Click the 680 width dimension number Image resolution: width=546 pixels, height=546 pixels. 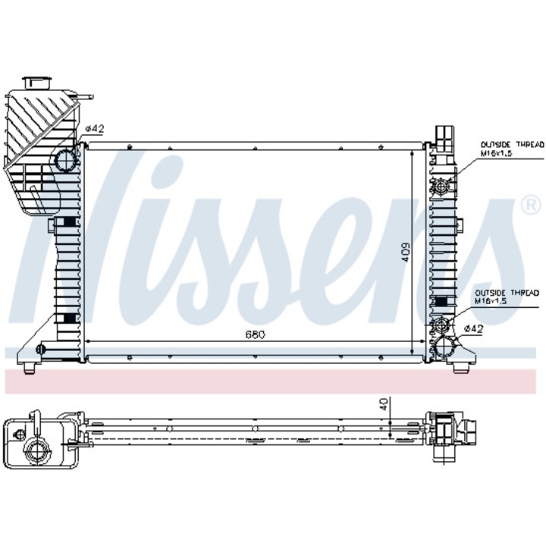point(254,334)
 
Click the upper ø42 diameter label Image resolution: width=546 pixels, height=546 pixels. point(94,129)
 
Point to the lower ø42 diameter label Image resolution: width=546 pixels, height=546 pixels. point(473,328)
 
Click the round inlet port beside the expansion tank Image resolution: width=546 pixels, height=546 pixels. point(66,161)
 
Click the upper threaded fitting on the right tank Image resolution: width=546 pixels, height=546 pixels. point(441,184)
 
